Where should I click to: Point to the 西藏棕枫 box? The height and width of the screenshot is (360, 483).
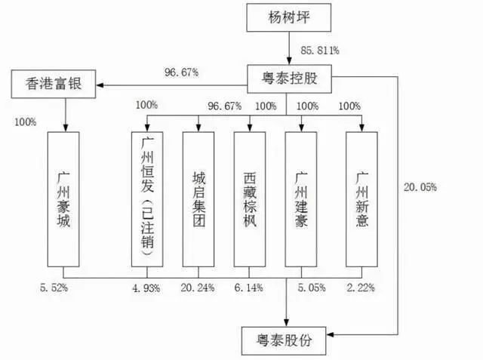251,198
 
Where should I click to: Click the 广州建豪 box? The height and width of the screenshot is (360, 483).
302,198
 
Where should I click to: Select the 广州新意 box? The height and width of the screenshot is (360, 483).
362,198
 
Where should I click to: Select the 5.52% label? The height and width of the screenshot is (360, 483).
54,288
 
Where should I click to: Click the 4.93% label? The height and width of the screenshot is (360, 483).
148,288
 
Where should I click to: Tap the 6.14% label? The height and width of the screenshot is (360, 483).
251,288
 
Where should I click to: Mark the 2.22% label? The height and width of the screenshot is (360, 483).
363,288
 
